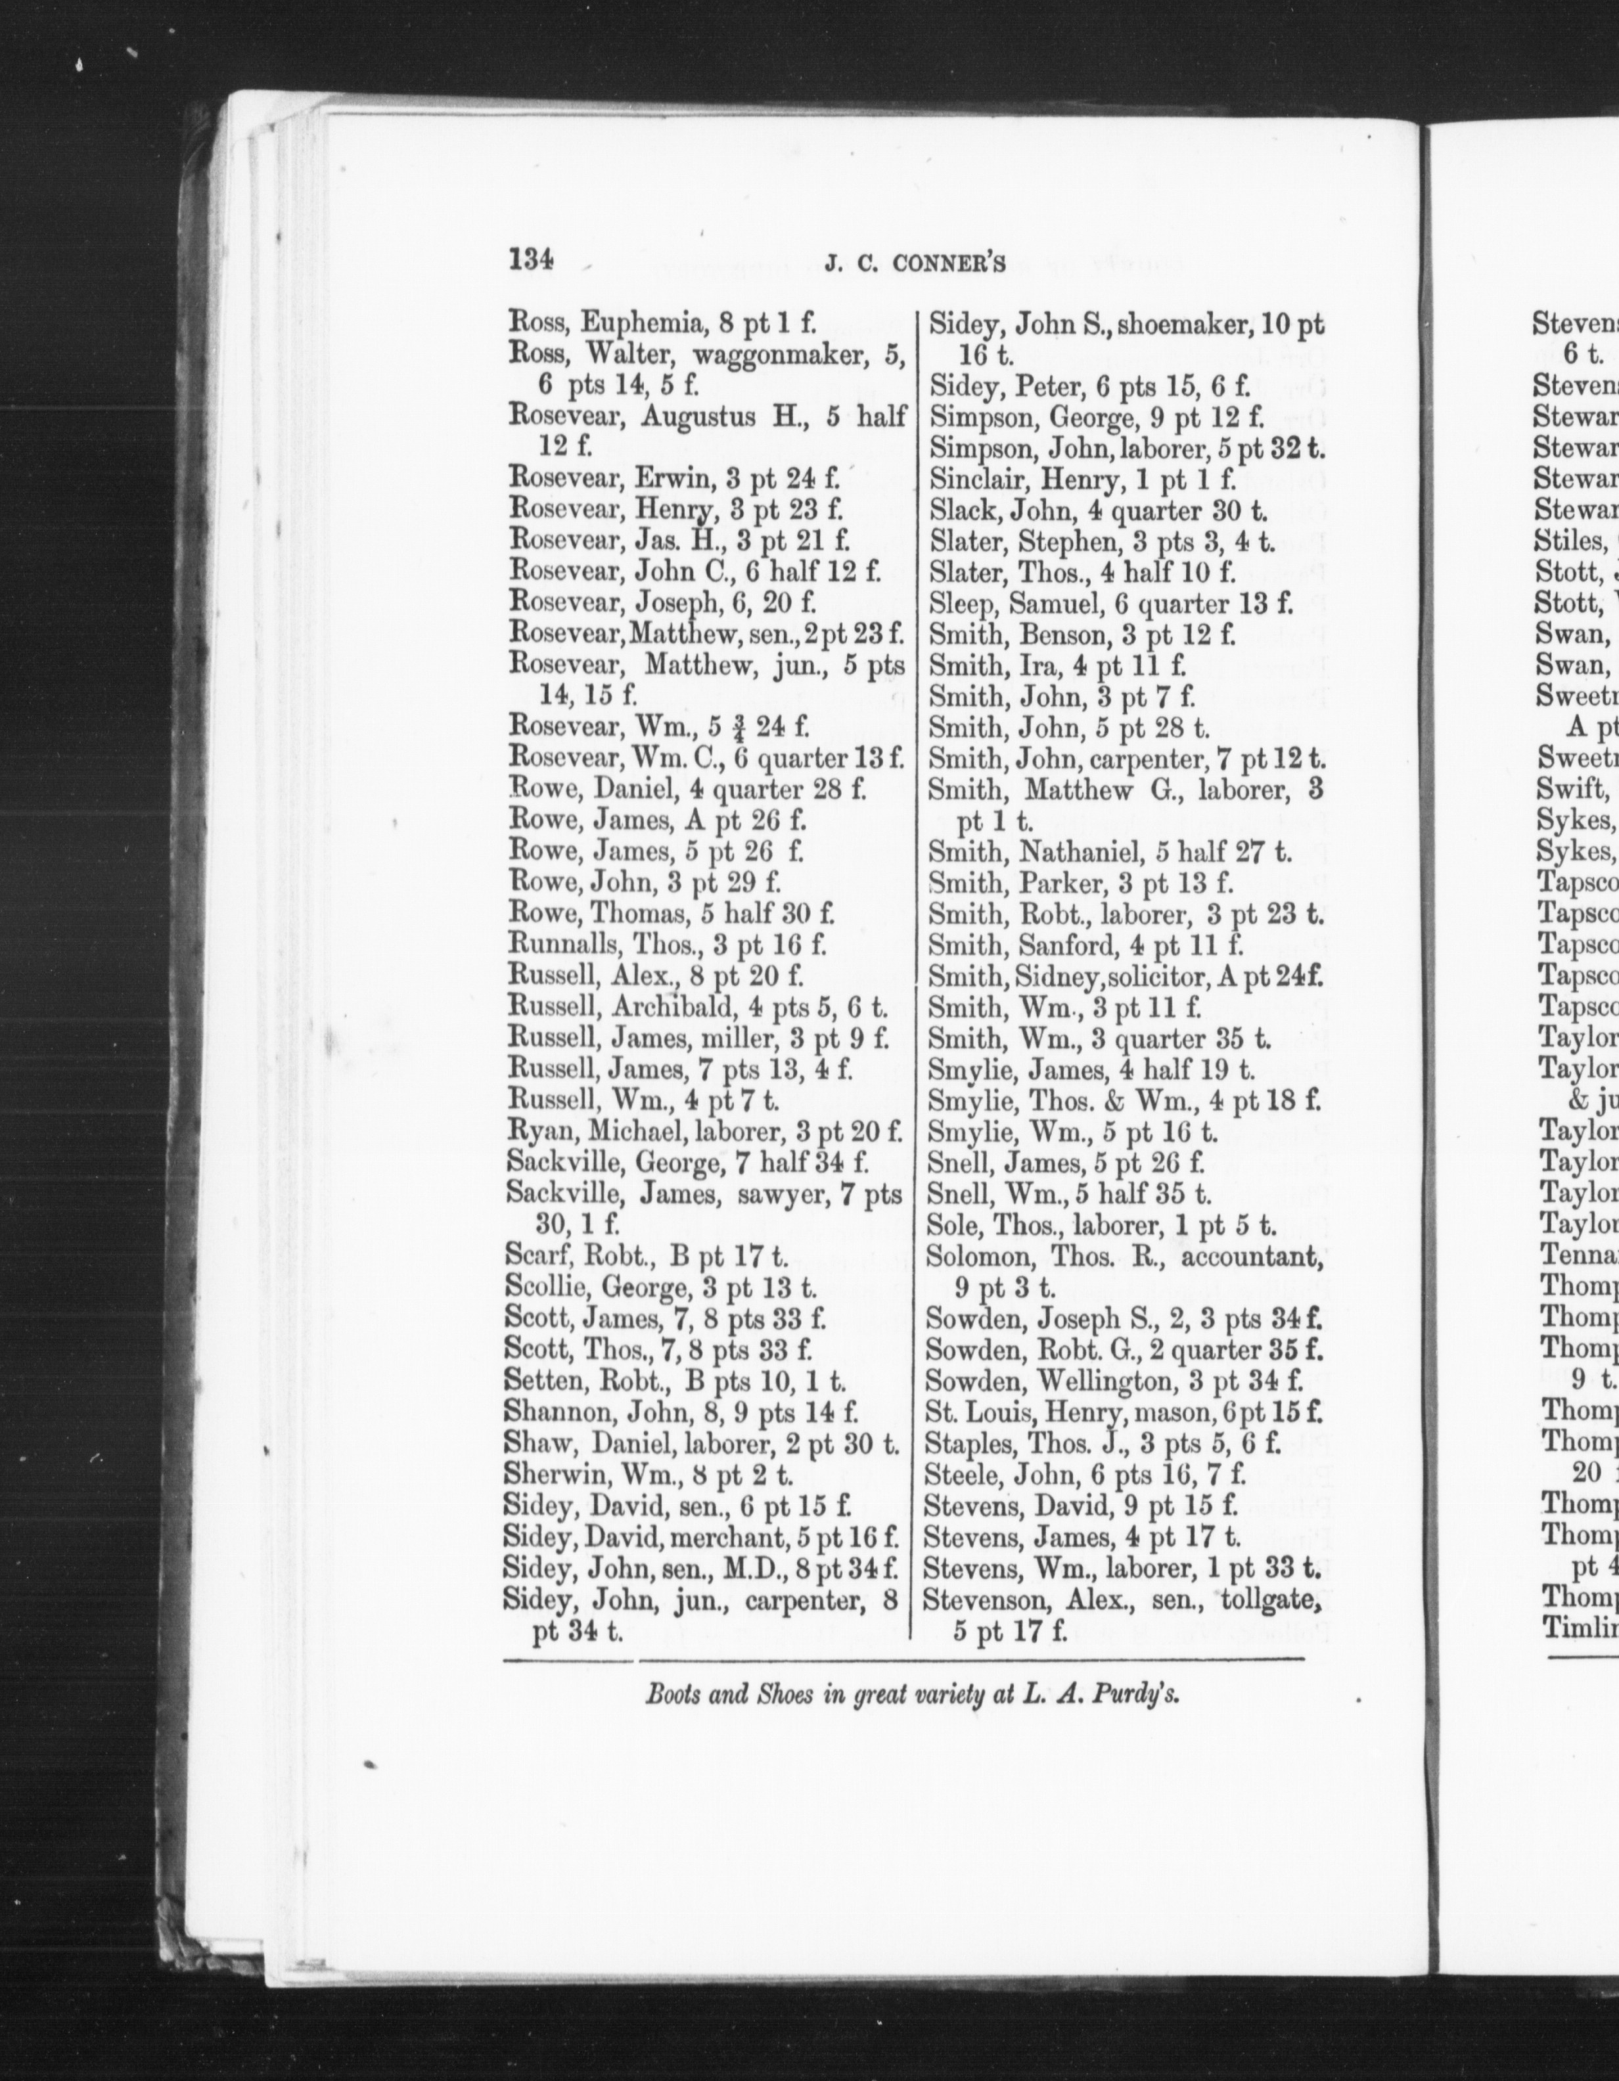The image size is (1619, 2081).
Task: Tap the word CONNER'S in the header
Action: (950, 267)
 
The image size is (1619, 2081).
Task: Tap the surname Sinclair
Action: (967, 480)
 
